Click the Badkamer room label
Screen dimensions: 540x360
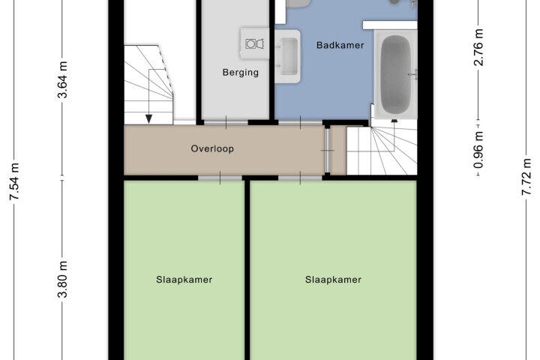pos(340,45)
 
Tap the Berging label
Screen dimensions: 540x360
pos(241,72)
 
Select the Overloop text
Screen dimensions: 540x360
pos(212,148)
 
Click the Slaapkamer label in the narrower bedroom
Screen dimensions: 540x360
pos(184,280)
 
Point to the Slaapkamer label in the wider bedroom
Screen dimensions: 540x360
pos(333,280)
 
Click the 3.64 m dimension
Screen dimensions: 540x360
pos(62,80)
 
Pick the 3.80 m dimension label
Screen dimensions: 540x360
pos(62,279)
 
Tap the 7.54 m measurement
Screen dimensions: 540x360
pos(14,181)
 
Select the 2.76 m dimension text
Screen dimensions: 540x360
pos(478,47)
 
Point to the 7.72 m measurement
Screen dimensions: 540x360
pos(526,177)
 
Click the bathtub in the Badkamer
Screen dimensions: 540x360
pos(396,75)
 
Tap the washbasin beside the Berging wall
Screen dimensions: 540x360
pos(287,56)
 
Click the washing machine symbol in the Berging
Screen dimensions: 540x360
pos(254,43)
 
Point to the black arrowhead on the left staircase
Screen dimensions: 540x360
pos(148,118)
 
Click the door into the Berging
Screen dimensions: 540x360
pos(226,122)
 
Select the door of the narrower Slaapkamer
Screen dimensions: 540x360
pos(220,178)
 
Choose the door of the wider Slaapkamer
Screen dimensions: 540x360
pos(300,178)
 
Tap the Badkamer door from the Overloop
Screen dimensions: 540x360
pos(300,122)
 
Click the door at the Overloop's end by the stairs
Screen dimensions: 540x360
pos(328,150)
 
